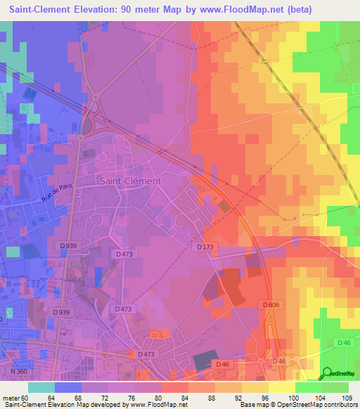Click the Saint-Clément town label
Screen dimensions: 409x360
[x=130, y=181]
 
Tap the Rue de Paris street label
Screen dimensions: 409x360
[x=58, y=190]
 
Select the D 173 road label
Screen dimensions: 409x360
[x=205, y=247]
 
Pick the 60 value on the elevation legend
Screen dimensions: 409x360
[x=25, y=397]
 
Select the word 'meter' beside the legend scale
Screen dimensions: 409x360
[x=10, y=397]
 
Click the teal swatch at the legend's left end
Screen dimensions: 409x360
[x=41, y=387]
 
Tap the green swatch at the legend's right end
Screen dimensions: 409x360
[x=335, y=387]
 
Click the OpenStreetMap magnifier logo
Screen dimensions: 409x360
[x=328, y=372]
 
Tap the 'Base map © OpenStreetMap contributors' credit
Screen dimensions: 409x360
[x=298, y=405]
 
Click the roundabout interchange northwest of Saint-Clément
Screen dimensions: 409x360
[x=88, y=124]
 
